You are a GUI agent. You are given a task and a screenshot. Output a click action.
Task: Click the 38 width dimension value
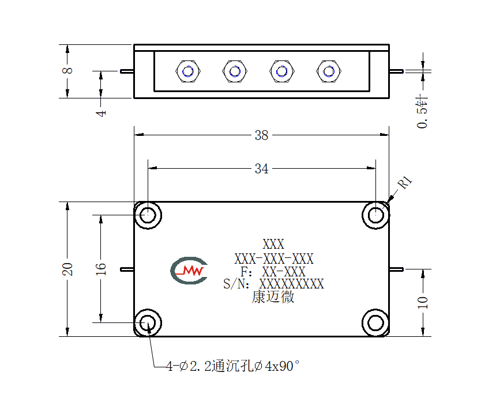click(x=261, y=135)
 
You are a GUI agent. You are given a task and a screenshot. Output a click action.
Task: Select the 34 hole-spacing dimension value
click(x=261, y=169)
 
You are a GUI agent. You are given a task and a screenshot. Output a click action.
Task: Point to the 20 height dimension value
click(x=67, y=269)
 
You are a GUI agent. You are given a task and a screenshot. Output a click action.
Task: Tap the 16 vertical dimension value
click(x=100, y=269)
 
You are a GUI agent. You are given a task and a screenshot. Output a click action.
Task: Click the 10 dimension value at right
click(x=423, y=302)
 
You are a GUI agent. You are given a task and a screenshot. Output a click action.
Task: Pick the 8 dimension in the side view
click(x=67, y=71)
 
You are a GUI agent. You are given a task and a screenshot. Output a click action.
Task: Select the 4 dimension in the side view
click(x=101, y=113)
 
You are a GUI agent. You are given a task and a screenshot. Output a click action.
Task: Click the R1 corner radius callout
click(x=405, y=183)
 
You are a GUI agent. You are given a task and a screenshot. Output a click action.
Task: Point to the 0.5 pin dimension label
click(x=422, y=112)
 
